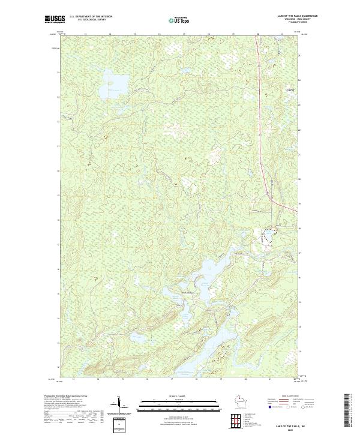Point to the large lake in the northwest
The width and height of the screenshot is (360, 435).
tap(116, 81)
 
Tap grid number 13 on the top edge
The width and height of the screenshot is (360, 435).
tap(85, 35)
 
